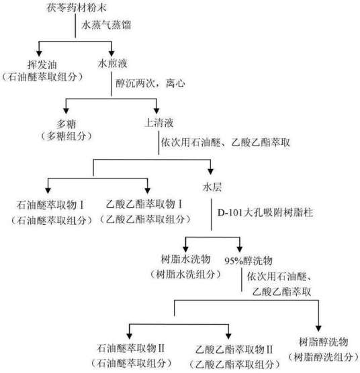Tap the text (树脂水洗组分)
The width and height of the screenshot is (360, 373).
pos(185,274)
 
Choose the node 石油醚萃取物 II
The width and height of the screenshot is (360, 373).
pos(133,347)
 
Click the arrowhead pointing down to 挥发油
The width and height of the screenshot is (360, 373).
pos(40,52)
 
